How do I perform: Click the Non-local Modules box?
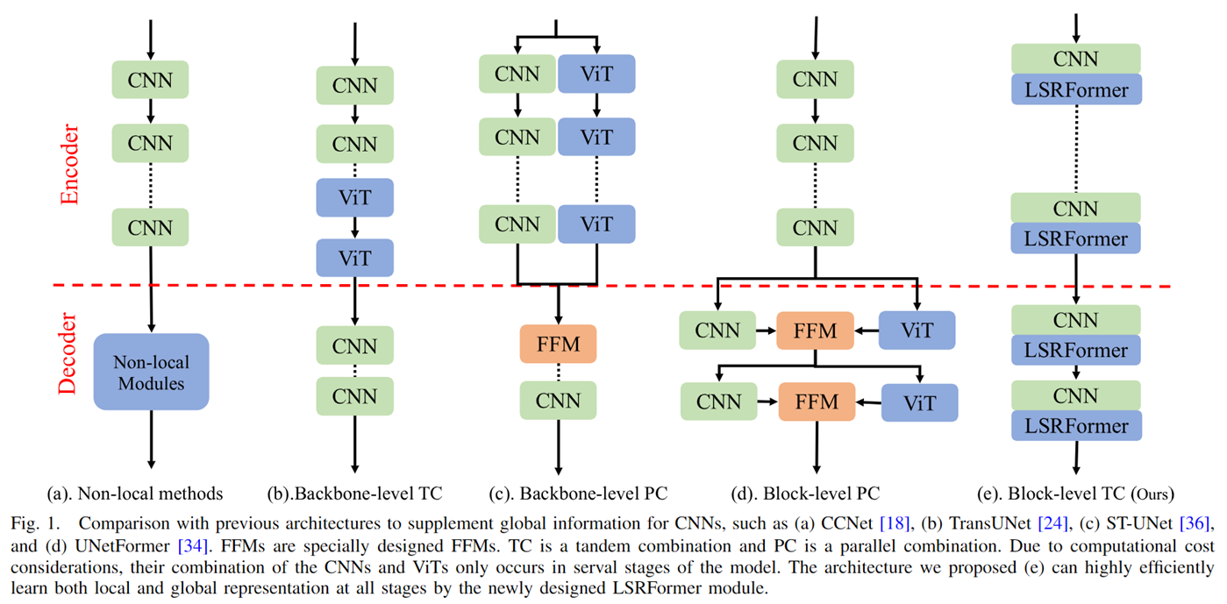[151, 373]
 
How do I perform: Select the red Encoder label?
[69, 165]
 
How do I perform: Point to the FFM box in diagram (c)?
[558, 344]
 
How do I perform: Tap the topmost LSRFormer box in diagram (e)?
[1076, 89]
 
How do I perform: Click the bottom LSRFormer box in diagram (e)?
[1076, 426]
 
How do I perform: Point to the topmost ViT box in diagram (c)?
[596, 75]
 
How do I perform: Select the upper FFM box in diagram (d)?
[815, 331]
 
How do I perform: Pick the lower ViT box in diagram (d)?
[920, 403]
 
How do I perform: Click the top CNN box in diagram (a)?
[151, 81]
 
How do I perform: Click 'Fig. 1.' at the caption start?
[34, 523]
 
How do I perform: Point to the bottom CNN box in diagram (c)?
[558, 401]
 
